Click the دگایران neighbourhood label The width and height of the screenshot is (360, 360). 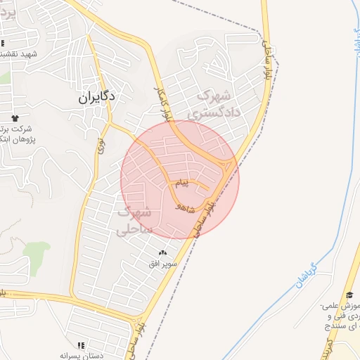[x=96, y=100]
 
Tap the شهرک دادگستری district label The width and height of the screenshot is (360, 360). [x=215, y=103]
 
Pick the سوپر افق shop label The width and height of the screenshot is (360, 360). [x=163, y=264]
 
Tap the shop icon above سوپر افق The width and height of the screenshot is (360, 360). [x=163, y=252]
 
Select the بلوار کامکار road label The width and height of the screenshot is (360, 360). [x=162, y=104]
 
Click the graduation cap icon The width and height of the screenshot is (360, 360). [x=349, y=295]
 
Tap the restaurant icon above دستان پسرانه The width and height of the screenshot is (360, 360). [x=81, y=345]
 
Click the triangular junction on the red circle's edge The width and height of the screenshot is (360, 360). [x=227, y=167]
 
